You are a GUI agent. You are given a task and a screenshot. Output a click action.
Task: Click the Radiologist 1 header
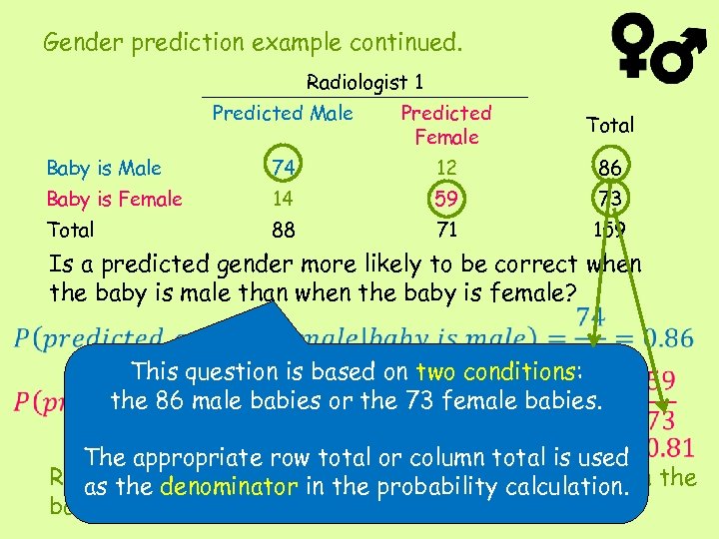[364, 82]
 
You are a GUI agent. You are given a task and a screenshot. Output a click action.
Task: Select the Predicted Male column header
[283, 113]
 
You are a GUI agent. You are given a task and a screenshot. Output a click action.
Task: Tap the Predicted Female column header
[446, 125]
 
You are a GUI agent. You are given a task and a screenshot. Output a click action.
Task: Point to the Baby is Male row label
[105, 168]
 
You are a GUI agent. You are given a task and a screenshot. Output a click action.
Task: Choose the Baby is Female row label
[115, 199]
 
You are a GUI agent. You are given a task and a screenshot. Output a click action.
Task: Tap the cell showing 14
[284, 199]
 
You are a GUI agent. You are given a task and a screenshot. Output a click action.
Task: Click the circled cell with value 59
[446, 199]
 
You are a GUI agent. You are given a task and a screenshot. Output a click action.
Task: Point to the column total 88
[284, 231]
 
